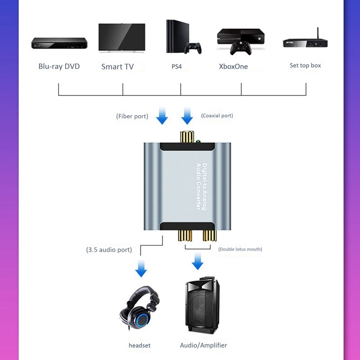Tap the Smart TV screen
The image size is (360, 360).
(x=121, y=37)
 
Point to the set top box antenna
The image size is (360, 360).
(x=318, y=34)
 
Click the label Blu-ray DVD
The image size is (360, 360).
(x=59, y=67)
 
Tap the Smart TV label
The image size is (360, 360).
(x=117, y=67)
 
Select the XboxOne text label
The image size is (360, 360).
(x=233, y=67)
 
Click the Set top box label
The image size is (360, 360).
(x=305, y=66)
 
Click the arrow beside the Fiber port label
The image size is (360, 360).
(x=162, y=117)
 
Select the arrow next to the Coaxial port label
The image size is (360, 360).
(x=187, y=117)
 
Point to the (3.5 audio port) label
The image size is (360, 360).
(x=109, y=249)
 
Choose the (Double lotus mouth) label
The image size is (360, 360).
(x=240, y=249)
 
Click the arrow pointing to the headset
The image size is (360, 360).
(x=141, y=270)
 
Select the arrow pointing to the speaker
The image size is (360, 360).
(x=197, y=261)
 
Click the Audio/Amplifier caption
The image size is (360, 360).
(x=203, y=346)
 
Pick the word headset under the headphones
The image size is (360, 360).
(x=139, y=346)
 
